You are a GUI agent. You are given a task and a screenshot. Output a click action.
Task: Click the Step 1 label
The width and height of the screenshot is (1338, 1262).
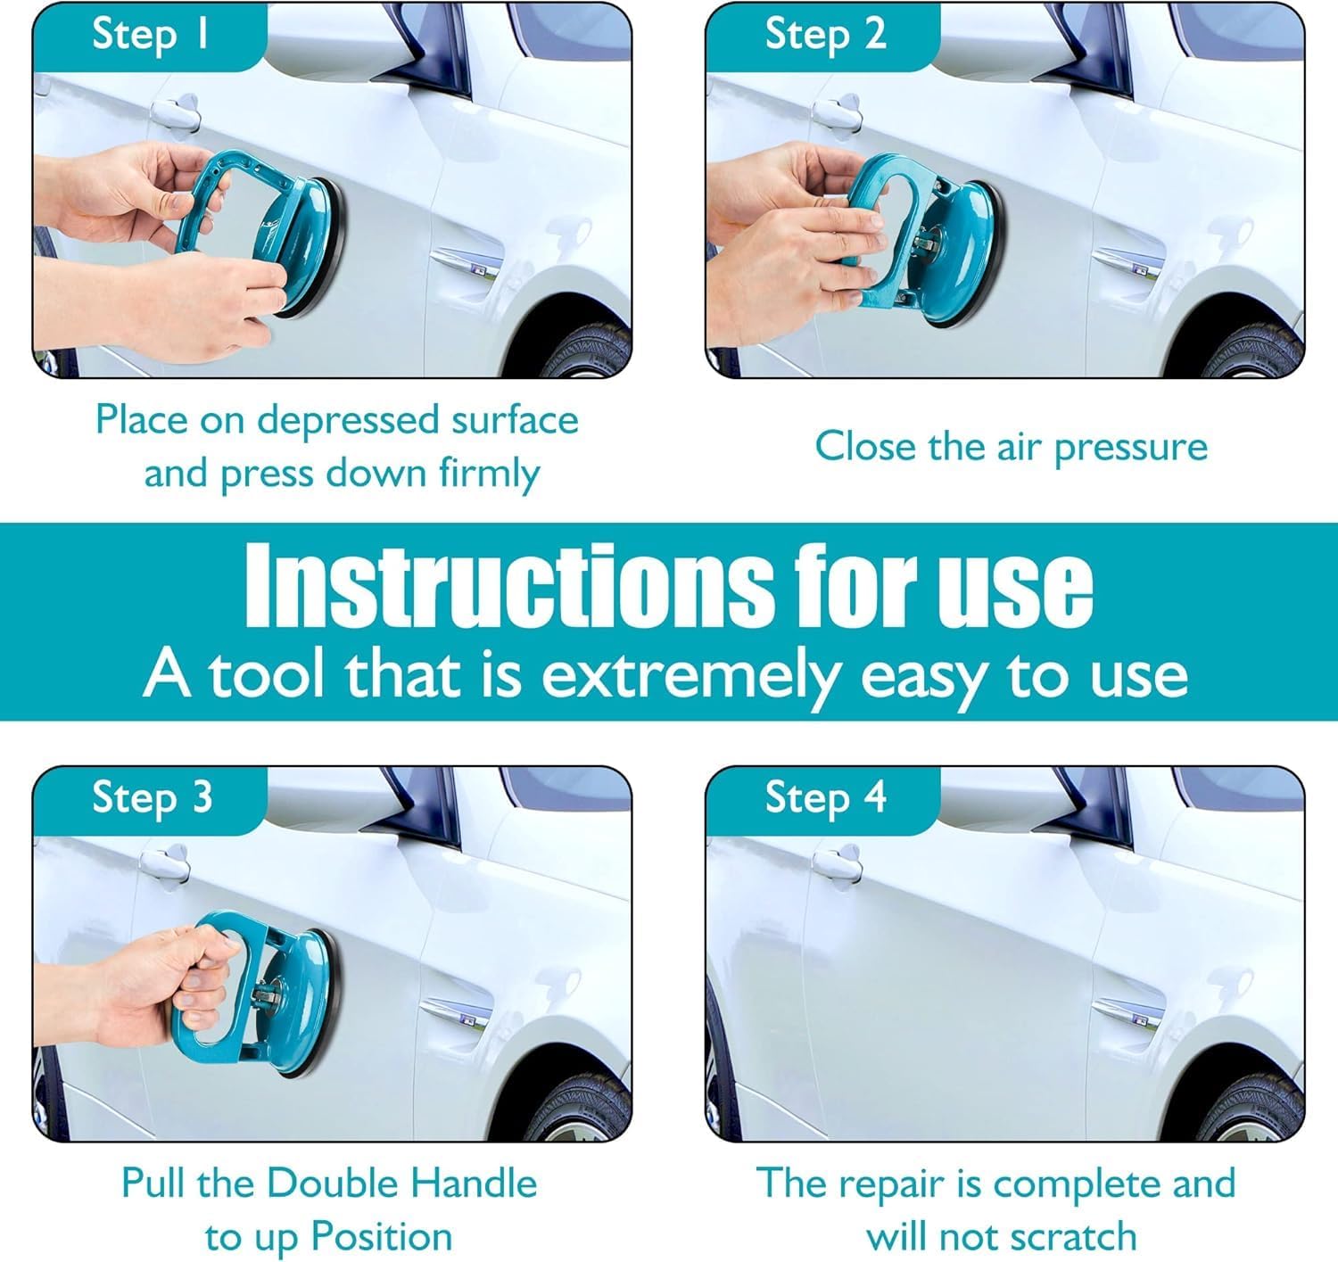tap(152, 35)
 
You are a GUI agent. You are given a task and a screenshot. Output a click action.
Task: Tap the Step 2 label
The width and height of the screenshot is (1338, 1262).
tap(825, 35)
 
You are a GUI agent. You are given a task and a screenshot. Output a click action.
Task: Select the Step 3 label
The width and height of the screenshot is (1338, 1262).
tap(152, 798)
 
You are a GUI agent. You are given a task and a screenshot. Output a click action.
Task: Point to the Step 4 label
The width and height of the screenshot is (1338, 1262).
tap(825, 798)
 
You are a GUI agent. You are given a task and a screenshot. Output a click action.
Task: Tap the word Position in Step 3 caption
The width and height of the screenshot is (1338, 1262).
tap(381, 1238)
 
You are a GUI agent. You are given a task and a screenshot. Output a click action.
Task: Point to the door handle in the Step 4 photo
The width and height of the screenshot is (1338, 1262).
tap(838, 863)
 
